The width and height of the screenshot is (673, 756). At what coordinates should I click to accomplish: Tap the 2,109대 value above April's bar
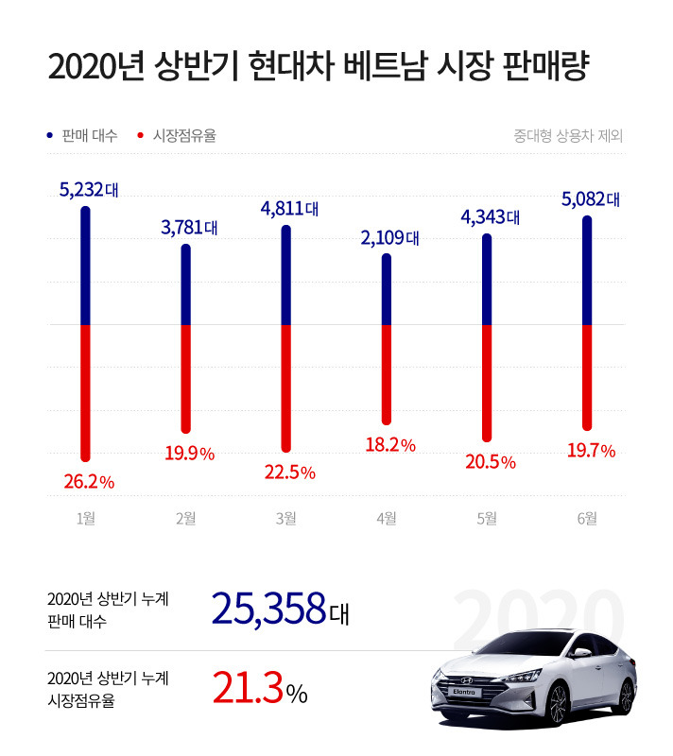click(389, 237)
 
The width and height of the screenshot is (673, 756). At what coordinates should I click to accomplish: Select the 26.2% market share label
click(89, 482)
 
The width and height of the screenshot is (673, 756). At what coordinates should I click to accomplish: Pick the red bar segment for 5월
click(487, 382)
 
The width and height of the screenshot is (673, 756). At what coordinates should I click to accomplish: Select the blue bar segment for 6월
click(587, 270)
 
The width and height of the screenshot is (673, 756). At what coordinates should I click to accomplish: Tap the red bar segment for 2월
click(186, 378)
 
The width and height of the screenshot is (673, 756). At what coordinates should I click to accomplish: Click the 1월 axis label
click(86, 518)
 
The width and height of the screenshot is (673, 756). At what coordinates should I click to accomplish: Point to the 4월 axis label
click(386, 518)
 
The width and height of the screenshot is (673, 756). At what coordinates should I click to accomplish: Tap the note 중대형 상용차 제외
click(568, 136)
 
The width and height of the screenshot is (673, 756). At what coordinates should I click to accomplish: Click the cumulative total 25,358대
click(281, 610)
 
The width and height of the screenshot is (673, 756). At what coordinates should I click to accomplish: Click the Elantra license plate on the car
click(463, 697)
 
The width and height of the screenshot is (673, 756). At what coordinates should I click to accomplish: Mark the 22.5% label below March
click(289, 472)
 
